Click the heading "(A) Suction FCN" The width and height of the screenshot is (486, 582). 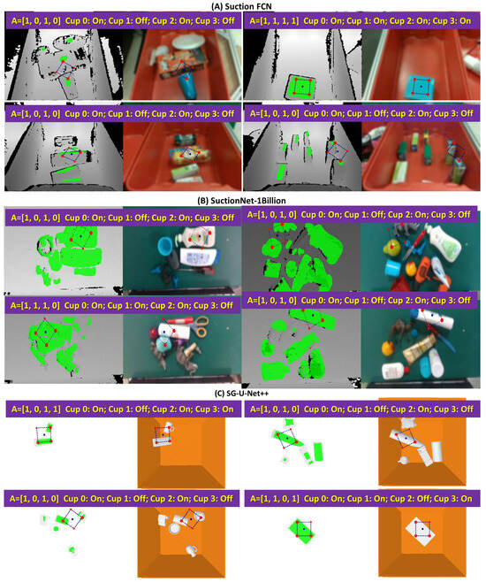pyautogui.click(x=242, y=6)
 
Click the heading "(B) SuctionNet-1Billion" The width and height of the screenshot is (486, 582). pyautogui.click(x=242, y=201)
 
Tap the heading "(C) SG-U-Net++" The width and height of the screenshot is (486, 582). pyautogui.click(x=242, y=394)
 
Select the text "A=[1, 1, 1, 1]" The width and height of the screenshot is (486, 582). pyautogui.click(x=274, y=21)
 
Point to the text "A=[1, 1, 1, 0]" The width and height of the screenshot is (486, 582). pyautogui.click(x=34, y=305)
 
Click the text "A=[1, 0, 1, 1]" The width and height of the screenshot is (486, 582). pyautogui.click(x=36, y=409)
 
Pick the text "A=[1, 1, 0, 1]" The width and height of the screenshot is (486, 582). pyautogui.click(x=275, y=499)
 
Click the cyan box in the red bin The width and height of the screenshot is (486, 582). pyautogui.click(x=421, y=87)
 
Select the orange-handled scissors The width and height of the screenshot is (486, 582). pyautogui.click(x=201, y=326)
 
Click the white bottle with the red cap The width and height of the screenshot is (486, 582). pyautogui.click(x=395, y=371)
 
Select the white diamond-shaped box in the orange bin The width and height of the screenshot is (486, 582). pyautogui.click(x=421, y=530)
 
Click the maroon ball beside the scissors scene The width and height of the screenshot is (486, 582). pyautogui.click(x=154, y=333)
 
